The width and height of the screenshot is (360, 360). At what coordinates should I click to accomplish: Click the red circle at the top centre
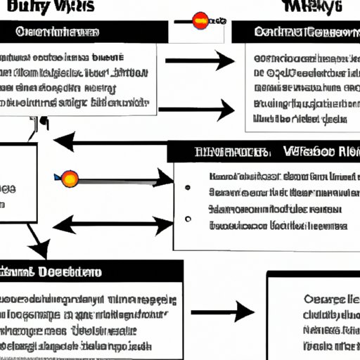[x=200, y=20]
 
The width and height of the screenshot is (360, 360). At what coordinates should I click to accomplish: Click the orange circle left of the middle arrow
[x=70, y=179]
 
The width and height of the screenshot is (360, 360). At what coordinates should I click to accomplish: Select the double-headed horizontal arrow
[x=112, y=225]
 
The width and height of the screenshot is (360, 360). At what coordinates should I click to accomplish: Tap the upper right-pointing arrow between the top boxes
[x=200, y=62]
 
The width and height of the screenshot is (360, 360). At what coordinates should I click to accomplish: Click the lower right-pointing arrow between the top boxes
[x=197, y=110]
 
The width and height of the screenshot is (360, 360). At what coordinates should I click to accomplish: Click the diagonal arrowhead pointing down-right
[x=41, y=247]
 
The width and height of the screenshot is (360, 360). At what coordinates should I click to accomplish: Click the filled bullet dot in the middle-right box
[x=188, y=188]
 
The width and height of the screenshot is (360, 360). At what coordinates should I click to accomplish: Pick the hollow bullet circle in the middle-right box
[x=188, y=219]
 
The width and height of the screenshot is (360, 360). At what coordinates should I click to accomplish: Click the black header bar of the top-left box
[x=84, y=32]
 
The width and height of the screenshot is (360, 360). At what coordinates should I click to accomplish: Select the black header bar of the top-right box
[x=295, y=32]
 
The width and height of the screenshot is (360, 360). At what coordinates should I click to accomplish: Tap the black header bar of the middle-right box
[x=264, y=151]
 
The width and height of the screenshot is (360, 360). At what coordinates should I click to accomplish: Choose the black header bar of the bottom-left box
[x=91, y=271]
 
